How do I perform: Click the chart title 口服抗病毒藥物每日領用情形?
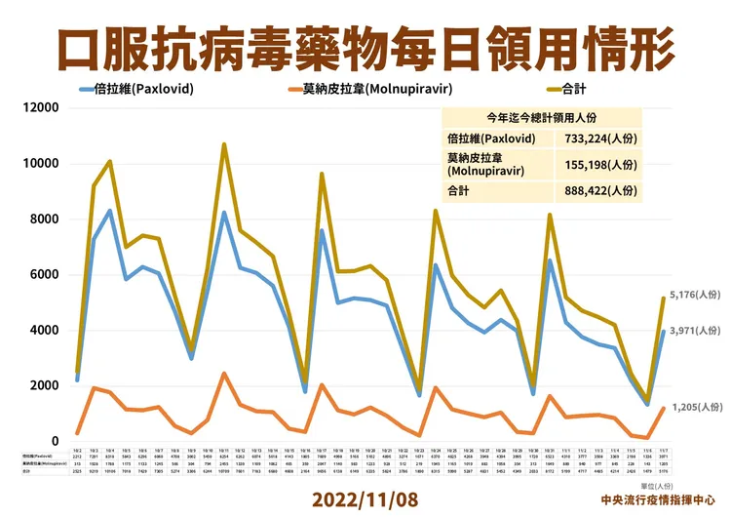click(365, 43)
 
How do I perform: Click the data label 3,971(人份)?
click(694, 332)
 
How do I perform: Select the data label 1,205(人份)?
click(694, 404)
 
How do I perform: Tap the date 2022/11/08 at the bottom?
click(365, 498)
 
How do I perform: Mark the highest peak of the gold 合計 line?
click(224, 144)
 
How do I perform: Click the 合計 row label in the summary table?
click(458, 190)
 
